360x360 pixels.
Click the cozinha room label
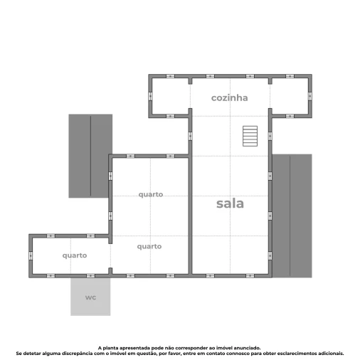point(229,97)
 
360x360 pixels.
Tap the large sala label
point(230,203)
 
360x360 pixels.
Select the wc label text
point(90,297)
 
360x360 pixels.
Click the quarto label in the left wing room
point(74,255)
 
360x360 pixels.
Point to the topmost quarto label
point(150,194)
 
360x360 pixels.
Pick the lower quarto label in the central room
point(149,246)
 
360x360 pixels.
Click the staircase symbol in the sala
point(250,135)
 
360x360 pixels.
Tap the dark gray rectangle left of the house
point(90,156)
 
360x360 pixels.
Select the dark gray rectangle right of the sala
point(292,215)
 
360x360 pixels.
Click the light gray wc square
point(90,306)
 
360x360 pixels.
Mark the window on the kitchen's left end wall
point(151,95)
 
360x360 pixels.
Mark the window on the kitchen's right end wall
point(310,95)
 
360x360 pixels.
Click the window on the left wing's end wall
point(31,255)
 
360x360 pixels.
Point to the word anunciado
point(247,348)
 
